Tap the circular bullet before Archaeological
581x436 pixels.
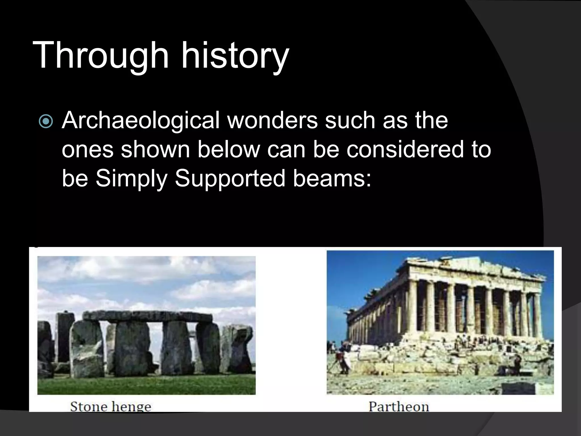tap(46, 121)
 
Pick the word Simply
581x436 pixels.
tap(131, 179)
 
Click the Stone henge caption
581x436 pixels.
tap(111, 406)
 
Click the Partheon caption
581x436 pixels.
tap(399, 406)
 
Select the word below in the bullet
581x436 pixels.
tap(228, 149)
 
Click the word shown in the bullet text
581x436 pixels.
tap(155, 149)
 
